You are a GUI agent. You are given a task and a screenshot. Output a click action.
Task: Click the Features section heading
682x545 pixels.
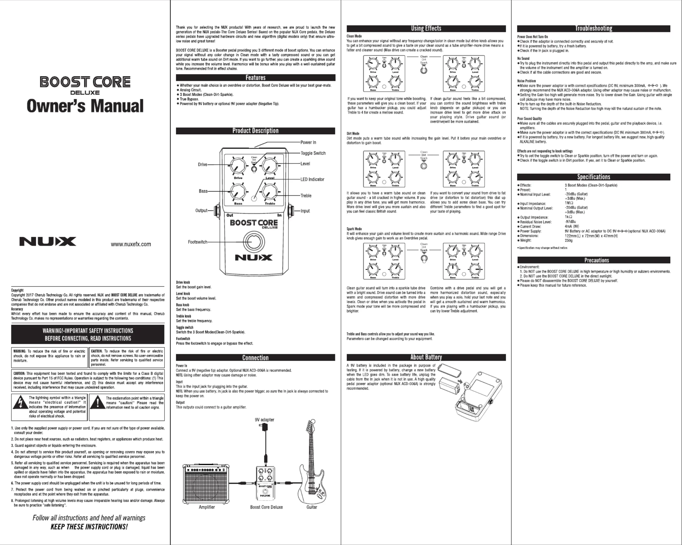tap(255, 78)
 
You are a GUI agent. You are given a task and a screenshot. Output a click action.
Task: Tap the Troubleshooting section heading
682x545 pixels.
tap(593, 29)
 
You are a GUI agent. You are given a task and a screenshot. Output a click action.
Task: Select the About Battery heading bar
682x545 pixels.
tap(426, 357)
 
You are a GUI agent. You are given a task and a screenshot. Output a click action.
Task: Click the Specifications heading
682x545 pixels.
tap(593, 177)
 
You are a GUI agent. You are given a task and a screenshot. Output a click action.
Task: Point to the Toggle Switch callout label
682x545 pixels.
tap(313, 153)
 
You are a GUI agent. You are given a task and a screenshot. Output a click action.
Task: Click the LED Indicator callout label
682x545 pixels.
tap(312, 180)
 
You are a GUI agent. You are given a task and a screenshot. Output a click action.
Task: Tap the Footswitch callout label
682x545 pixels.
tap(197, 242)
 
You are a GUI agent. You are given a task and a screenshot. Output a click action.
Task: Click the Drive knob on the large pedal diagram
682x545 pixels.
tap(238, 166)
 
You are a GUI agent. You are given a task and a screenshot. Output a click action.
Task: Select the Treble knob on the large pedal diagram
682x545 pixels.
tap(270, 192)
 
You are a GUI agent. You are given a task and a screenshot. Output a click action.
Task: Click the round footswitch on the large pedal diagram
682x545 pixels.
tap(253, 242)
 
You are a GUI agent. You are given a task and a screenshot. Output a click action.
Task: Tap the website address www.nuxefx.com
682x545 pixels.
tap(131, 244)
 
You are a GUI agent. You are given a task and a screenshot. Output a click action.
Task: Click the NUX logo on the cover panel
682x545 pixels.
tap(48, 242)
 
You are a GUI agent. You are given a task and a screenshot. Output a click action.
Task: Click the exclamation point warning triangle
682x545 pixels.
tap(98, 402)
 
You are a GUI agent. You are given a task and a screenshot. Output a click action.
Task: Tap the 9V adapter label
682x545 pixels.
tap(264, 420)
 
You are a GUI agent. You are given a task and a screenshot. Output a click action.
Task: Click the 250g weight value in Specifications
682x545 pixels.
tap(568, 241)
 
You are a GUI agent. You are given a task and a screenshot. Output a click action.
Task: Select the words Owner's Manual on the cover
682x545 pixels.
tap(85, 106)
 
